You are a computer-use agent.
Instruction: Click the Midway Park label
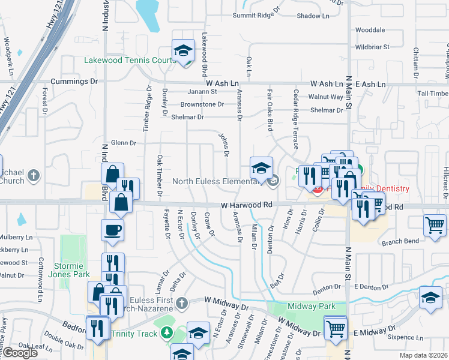(312, 306)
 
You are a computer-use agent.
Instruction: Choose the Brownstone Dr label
(202, 104)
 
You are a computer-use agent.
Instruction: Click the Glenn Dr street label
(124, 143)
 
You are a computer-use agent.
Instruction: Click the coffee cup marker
(113, 231)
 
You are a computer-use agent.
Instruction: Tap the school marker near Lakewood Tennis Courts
(184, 50)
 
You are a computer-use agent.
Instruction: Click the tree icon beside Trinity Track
(166, 334)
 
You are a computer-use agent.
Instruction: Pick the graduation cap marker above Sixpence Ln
(431, 299)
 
